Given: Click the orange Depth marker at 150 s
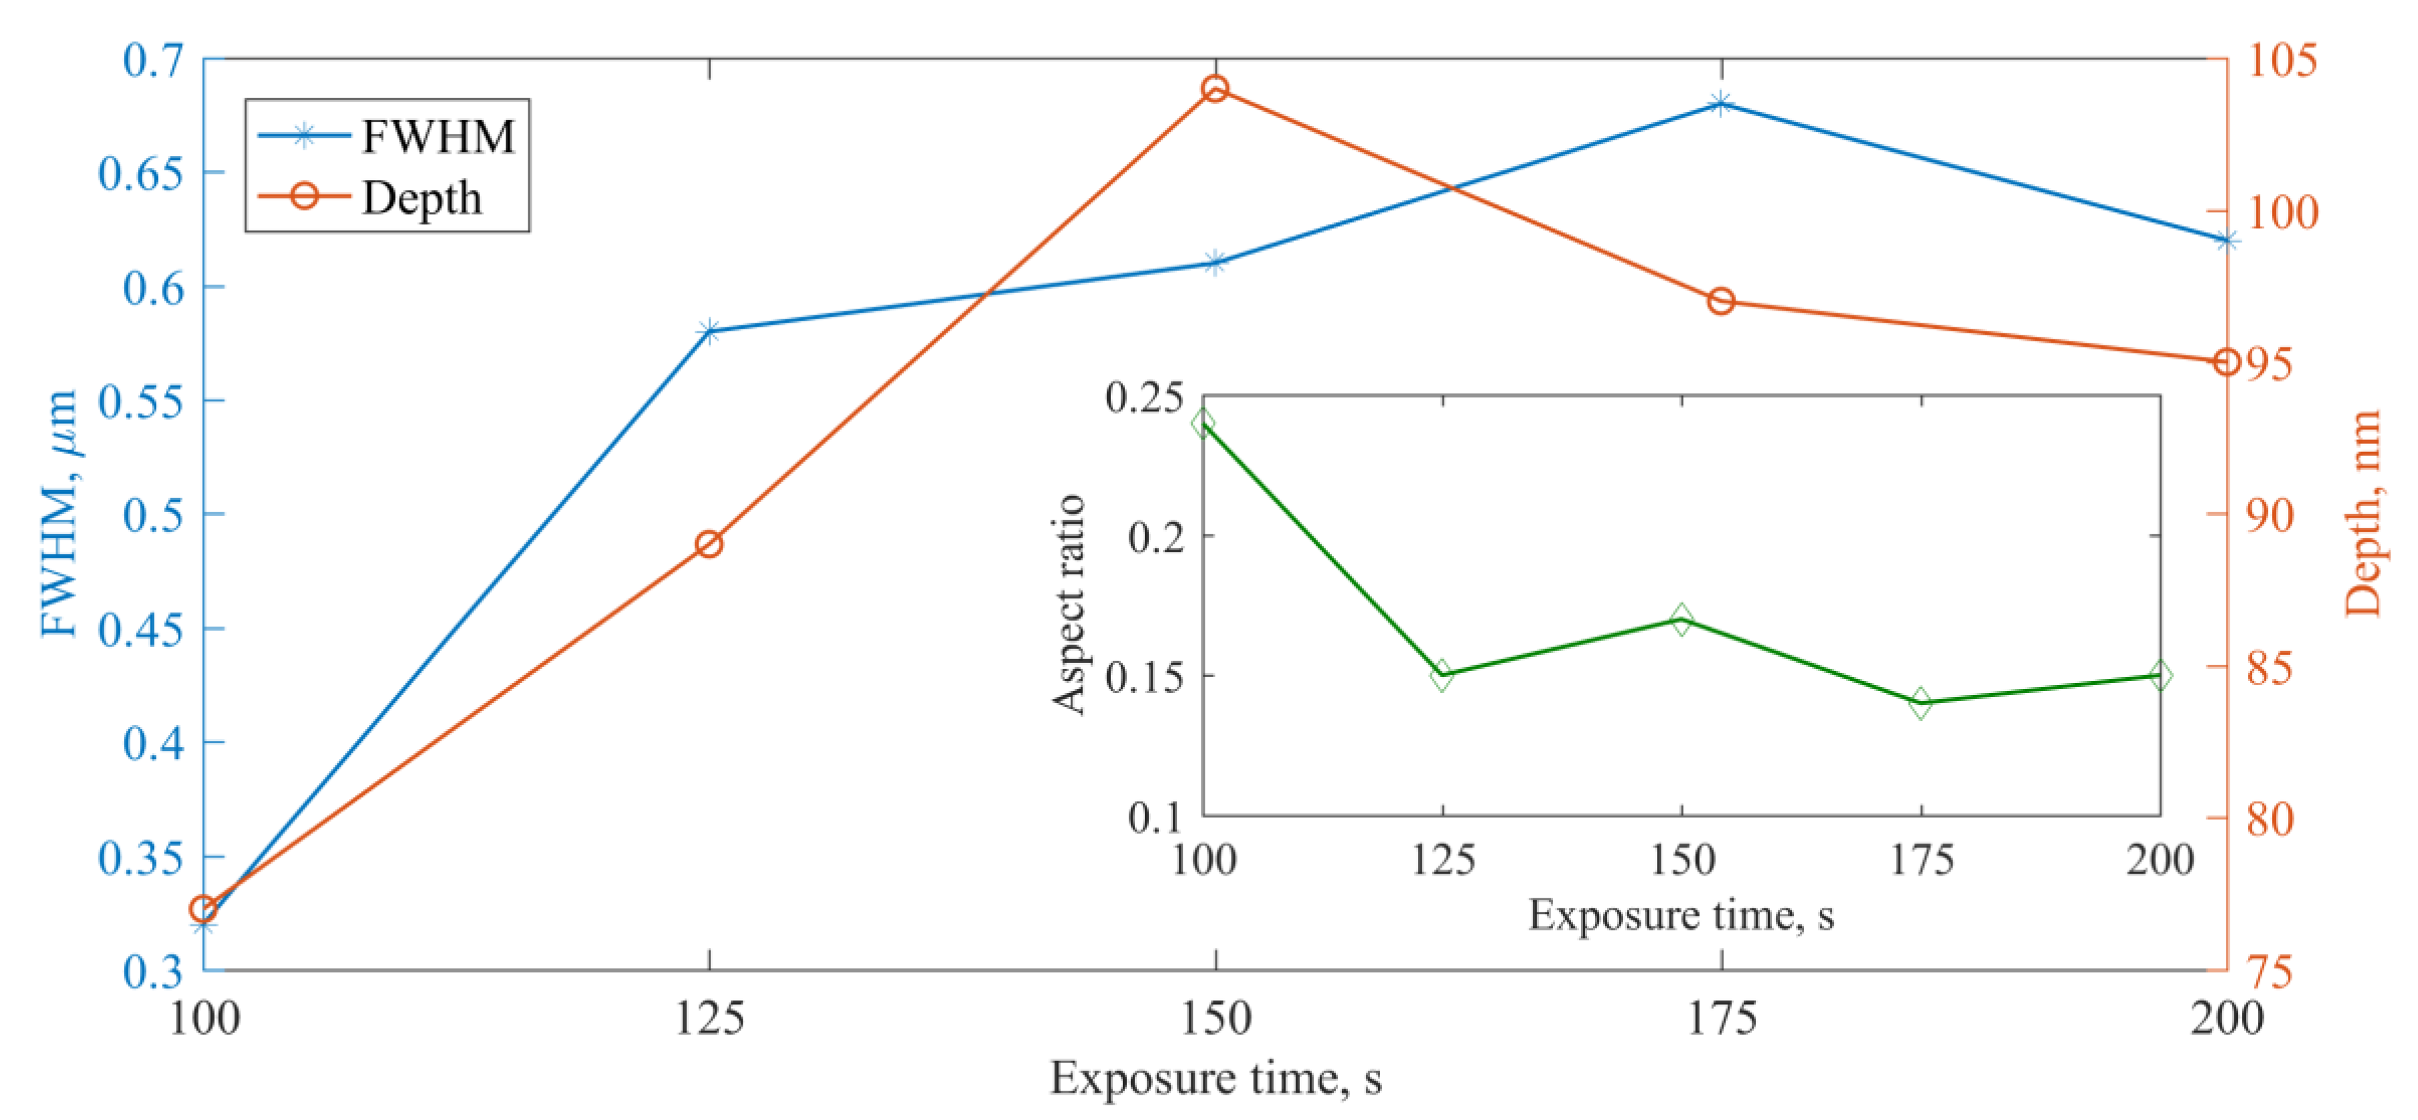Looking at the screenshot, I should coord(1215,89).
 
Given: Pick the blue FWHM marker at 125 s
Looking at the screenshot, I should coord(710,331).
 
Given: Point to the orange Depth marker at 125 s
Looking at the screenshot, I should coord(710,544).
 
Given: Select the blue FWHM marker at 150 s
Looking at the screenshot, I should coord(1215,263).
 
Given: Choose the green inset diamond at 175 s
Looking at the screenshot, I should coord(1921,703).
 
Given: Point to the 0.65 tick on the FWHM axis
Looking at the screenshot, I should coord(141,173).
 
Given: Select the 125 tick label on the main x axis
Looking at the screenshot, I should coord(710,1018).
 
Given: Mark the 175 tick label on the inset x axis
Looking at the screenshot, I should coord(1921,860).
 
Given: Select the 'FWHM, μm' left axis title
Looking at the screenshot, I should coord(58,513).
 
